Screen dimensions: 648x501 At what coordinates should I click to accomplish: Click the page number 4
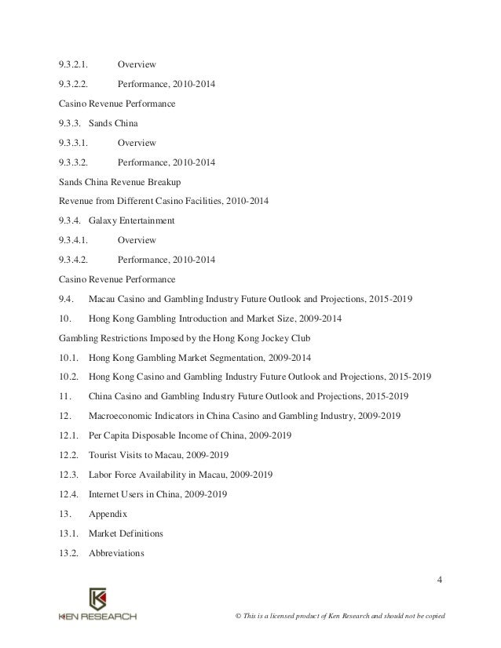point(439,581)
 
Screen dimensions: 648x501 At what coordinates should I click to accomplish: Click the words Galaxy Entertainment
point(132,220)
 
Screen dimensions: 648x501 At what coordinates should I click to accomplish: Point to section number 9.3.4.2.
point(73,259)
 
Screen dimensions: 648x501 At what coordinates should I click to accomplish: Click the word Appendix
point(108,514)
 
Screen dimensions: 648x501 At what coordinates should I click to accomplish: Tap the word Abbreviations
point(118,552)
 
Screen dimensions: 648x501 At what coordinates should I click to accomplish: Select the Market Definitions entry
point(126,533)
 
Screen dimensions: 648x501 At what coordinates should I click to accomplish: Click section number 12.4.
point(69,495)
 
